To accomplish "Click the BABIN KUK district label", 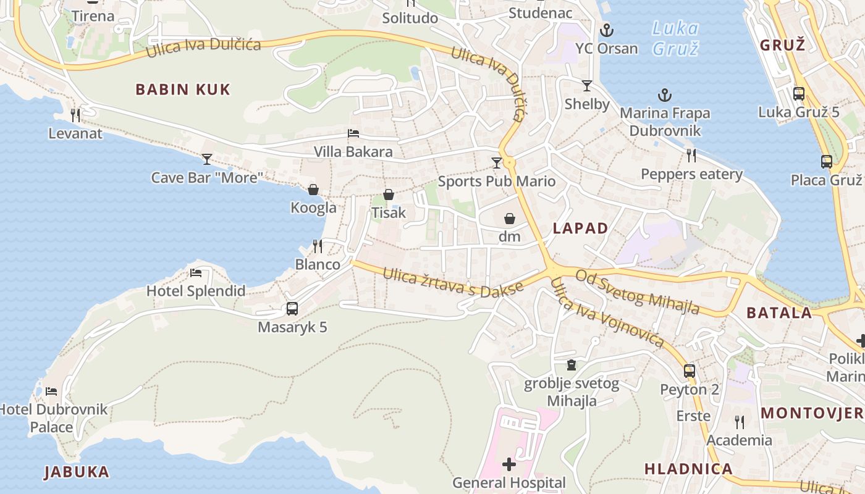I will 182,90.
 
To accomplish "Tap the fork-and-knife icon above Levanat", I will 75,115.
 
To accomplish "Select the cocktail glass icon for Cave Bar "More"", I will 207,159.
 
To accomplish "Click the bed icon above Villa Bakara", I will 353,133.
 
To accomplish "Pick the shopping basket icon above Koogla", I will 313,190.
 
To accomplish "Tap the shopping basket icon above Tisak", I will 389,195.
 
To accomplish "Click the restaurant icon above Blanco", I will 318,246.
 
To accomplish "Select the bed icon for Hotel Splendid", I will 196,273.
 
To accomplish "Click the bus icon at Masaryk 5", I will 292,309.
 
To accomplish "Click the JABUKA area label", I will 77,472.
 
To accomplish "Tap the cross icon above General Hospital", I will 508,464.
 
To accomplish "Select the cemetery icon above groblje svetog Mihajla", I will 572,366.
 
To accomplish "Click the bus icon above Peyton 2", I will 690,372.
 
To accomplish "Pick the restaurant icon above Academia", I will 739,422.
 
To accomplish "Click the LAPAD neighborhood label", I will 580,228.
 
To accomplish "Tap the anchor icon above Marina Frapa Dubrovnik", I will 665,95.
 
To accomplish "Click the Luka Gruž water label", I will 675,38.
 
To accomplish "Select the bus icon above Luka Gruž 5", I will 799,94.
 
